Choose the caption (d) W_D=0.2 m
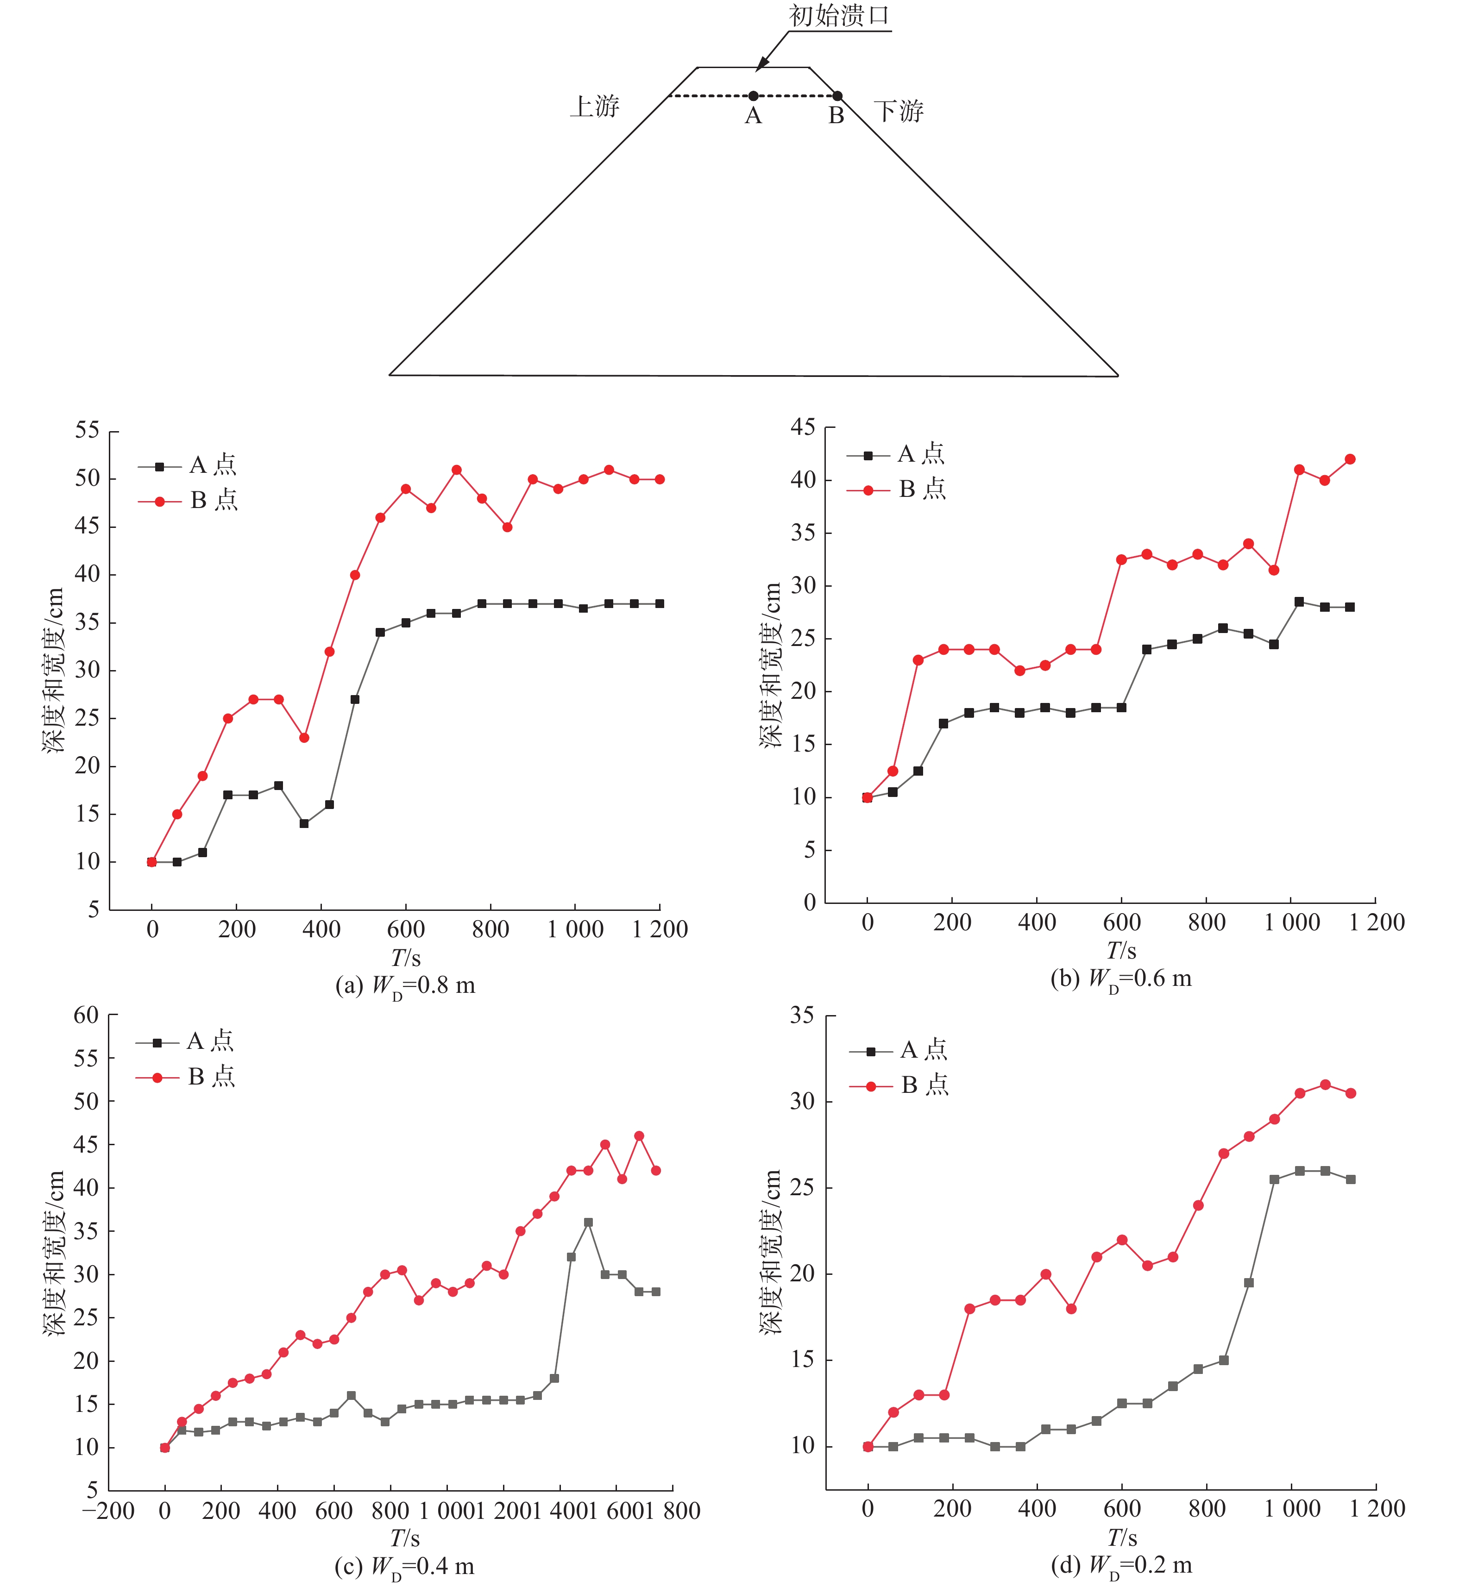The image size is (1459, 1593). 1121,1565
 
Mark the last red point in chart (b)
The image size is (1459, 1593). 1350,459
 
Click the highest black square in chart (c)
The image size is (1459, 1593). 588,1223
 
